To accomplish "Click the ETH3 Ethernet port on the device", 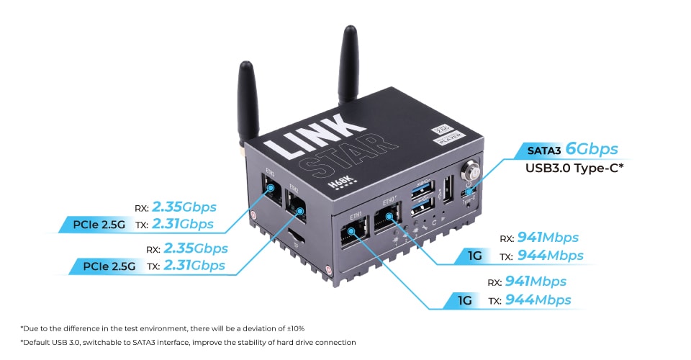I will [x=271, y=189].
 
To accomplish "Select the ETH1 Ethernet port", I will [x=353, y=232].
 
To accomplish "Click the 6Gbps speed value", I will [x=592, y=149].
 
